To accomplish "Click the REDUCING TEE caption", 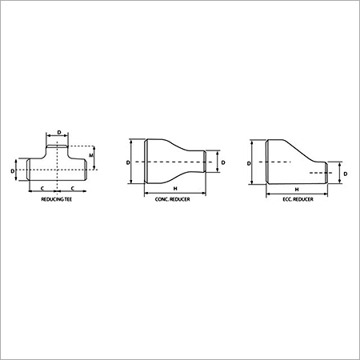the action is coord(57,199).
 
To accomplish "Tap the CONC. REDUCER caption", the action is coord(173,199).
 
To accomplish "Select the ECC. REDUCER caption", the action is coord(298,199).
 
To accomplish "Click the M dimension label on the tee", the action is coord(91,155).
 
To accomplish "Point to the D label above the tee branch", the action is coord(59,132).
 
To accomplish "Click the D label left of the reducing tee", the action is coord(13,170).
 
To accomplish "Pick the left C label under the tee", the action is coord(42,189).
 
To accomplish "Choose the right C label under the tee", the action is coord(73,189).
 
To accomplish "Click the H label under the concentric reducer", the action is coord(175,189).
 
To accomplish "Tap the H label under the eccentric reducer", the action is coord(297,190).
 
